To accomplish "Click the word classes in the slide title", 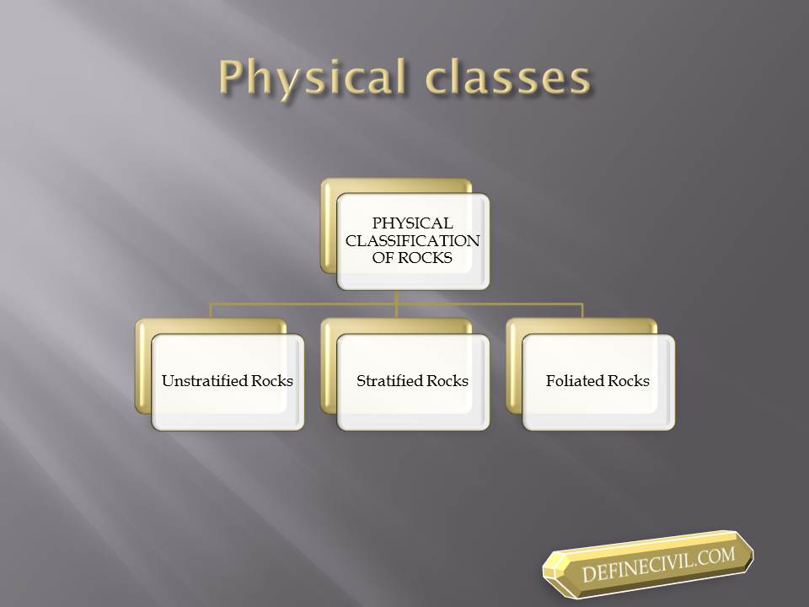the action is (x=508, y=78).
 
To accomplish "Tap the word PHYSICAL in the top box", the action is (x=412, y=223).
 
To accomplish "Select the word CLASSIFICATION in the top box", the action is (x=412, y=240).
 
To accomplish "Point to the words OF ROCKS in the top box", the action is (x=412, y=258).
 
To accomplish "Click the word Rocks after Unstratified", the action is (x=272, y=381).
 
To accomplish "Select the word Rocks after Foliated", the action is (x=629, y=381).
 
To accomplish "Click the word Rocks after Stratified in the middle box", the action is (x=447, y=381).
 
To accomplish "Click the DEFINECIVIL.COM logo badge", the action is (x=648, y=563).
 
